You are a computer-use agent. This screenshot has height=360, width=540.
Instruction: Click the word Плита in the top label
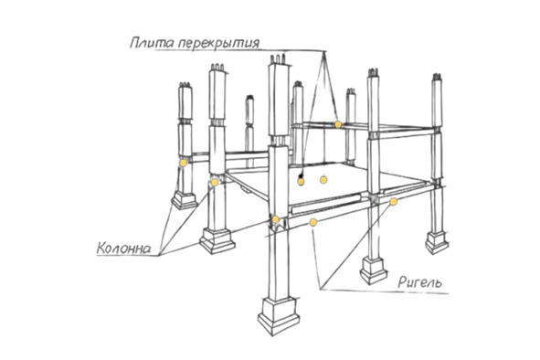pos(153,43)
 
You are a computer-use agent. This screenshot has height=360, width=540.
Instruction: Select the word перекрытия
pos(219,44)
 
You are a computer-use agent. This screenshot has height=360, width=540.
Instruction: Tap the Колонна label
pos(123,248)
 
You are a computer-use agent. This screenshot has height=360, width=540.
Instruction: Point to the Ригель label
pos(419,282)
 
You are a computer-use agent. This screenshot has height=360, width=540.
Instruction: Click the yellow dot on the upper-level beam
pos(338,124)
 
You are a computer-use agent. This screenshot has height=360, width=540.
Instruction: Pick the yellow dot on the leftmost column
pos(184,163)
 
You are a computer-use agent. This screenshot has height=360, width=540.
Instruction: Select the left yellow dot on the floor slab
pos(301,181)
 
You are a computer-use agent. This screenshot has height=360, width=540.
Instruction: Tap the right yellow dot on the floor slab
pos(323,179)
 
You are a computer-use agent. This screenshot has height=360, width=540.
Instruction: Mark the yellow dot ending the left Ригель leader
pos(312,222)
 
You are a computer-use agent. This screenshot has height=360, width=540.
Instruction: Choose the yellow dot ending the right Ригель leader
pos(393,202)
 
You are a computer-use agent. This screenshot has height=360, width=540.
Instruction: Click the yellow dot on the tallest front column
pos(276,219)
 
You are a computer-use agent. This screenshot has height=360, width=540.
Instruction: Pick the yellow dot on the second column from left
pos(215,182)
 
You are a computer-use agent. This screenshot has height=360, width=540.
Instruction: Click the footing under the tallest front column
pos(279,315)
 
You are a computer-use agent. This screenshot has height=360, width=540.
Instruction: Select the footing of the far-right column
pos(437,242)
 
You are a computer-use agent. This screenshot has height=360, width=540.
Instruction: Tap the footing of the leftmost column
pos(185,199)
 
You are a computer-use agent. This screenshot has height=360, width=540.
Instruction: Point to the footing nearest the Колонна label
pos(217,240)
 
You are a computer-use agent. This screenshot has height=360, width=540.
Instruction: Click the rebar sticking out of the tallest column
pos(278,58)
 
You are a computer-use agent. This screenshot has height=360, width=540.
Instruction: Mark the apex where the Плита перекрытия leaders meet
pos(323,52)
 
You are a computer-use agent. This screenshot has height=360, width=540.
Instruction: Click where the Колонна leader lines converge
pos(160,255)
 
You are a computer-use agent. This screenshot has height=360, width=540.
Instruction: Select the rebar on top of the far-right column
pos(437,77)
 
